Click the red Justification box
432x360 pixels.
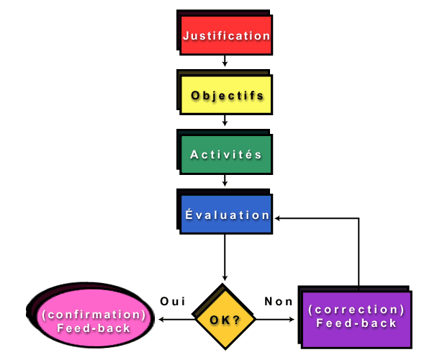click(x=226, y=35)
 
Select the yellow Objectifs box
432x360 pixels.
click(x=226, y=95)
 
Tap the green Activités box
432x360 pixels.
click(x=226, y=155)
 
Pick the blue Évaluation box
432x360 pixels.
click(x=226, y=215)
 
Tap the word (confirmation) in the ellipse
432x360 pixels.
click(x=94, y=315)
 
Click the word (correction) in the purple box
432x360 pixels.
click(x=356, y=310)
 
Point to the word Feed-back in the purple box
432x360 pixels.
click(x=356, y=324)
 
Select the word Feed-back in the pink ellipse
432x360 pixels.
click(x=94, y=328)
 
